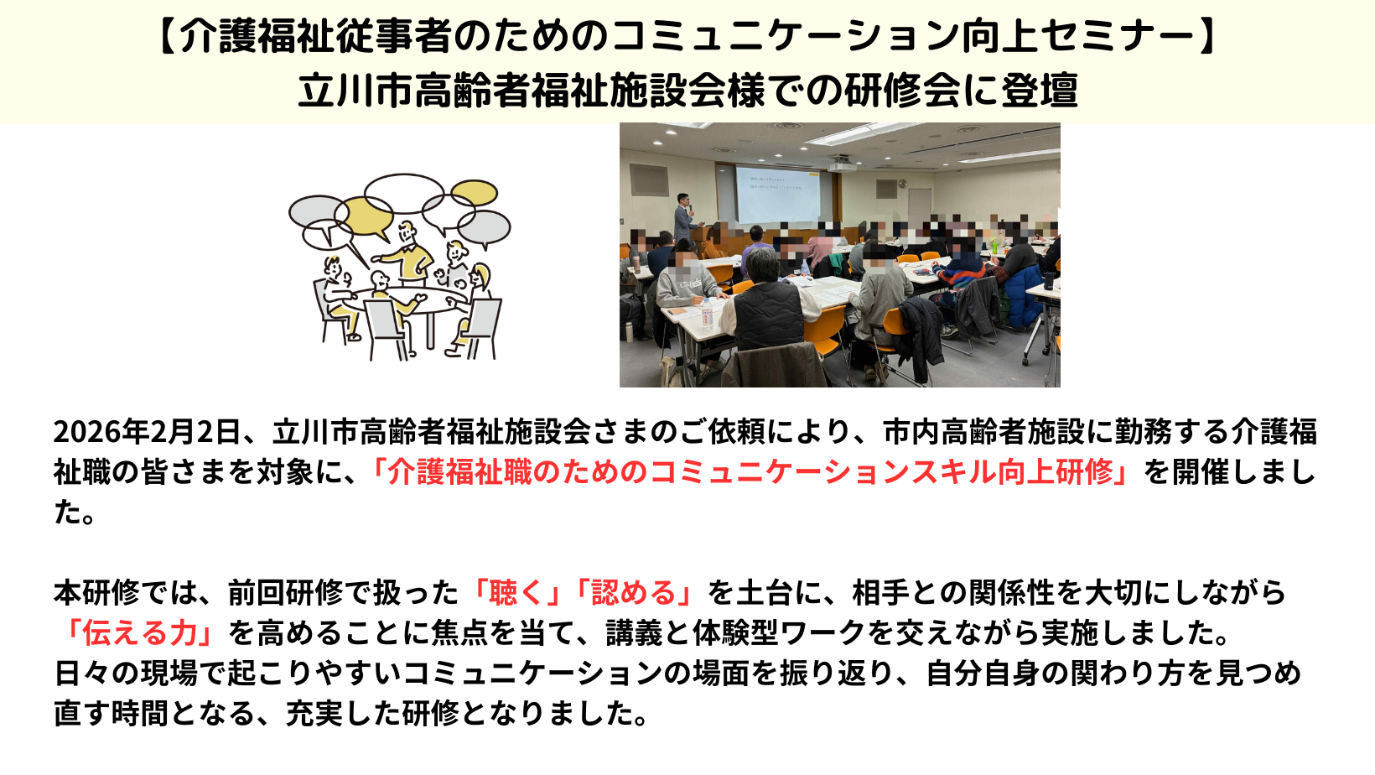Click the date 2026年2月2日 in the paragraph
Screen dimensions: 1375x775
(x=147, y=431)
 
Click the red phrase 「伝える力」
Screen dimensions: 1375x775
(x=141, y=632)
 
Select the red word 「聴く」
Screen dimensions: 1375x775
(x=516, y=592)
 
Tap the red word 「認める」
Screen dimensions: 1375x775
(x=633, y=592)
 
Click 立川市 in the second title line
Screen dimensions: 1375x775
(x=355, y=91)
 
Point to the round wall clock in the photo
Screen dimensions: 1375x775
(x=902, y=183)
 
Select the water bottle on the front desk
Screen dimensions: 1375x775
(x=707, y=314)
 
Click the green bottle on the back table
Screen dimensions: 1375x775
(x=994, y=247)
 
